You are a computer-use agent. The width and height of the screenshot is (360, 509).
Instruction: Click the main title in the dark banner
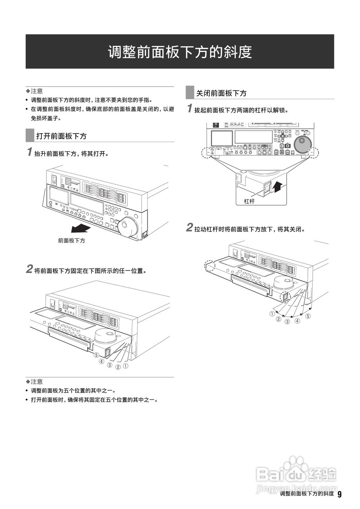click(x=180, y=52)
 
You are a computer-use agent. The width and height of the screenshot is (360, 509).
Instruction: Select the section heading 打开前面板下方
click(x=61, y=136)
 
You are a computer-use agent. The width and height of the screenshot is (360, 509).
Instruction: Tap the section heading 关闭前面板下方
click(x=221, y=93)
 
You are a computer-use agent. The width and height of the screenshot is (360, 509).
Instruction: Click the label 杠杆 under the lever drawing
click(x=249, y=202)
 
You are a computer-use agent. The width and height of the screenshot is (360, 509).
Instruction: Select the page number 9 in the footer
click(x=339, y=494)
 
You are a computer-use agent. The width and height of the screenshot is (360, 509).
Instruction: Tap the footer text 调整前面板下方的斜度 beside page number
click(x=306, y=494)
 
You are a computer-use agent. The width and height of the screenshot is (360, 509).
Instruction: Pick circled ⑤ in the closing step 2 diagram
click(x=308, y=317)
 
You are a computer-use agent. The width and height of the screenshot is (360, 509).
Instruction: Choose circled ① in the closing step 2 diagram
click(x=272, y=314)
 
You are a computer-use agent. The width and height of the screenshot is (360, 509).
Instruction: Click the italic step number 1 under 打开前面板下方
click(x=29, y=152)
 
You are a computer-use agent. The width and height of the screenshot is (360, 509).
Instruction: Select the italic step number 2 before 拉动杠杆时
click(x=190, y=228)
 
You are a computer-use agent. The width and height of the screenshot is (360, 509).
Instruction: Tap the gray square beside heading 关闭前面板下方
click(x=190, y=93)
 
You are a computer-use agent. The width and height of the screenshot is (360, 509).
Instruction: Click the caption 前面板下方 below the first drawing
click(x=72, y=241)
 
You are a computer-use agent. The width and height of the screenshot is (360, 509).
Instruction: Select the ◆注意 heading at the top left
click(x=34, y=91)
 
